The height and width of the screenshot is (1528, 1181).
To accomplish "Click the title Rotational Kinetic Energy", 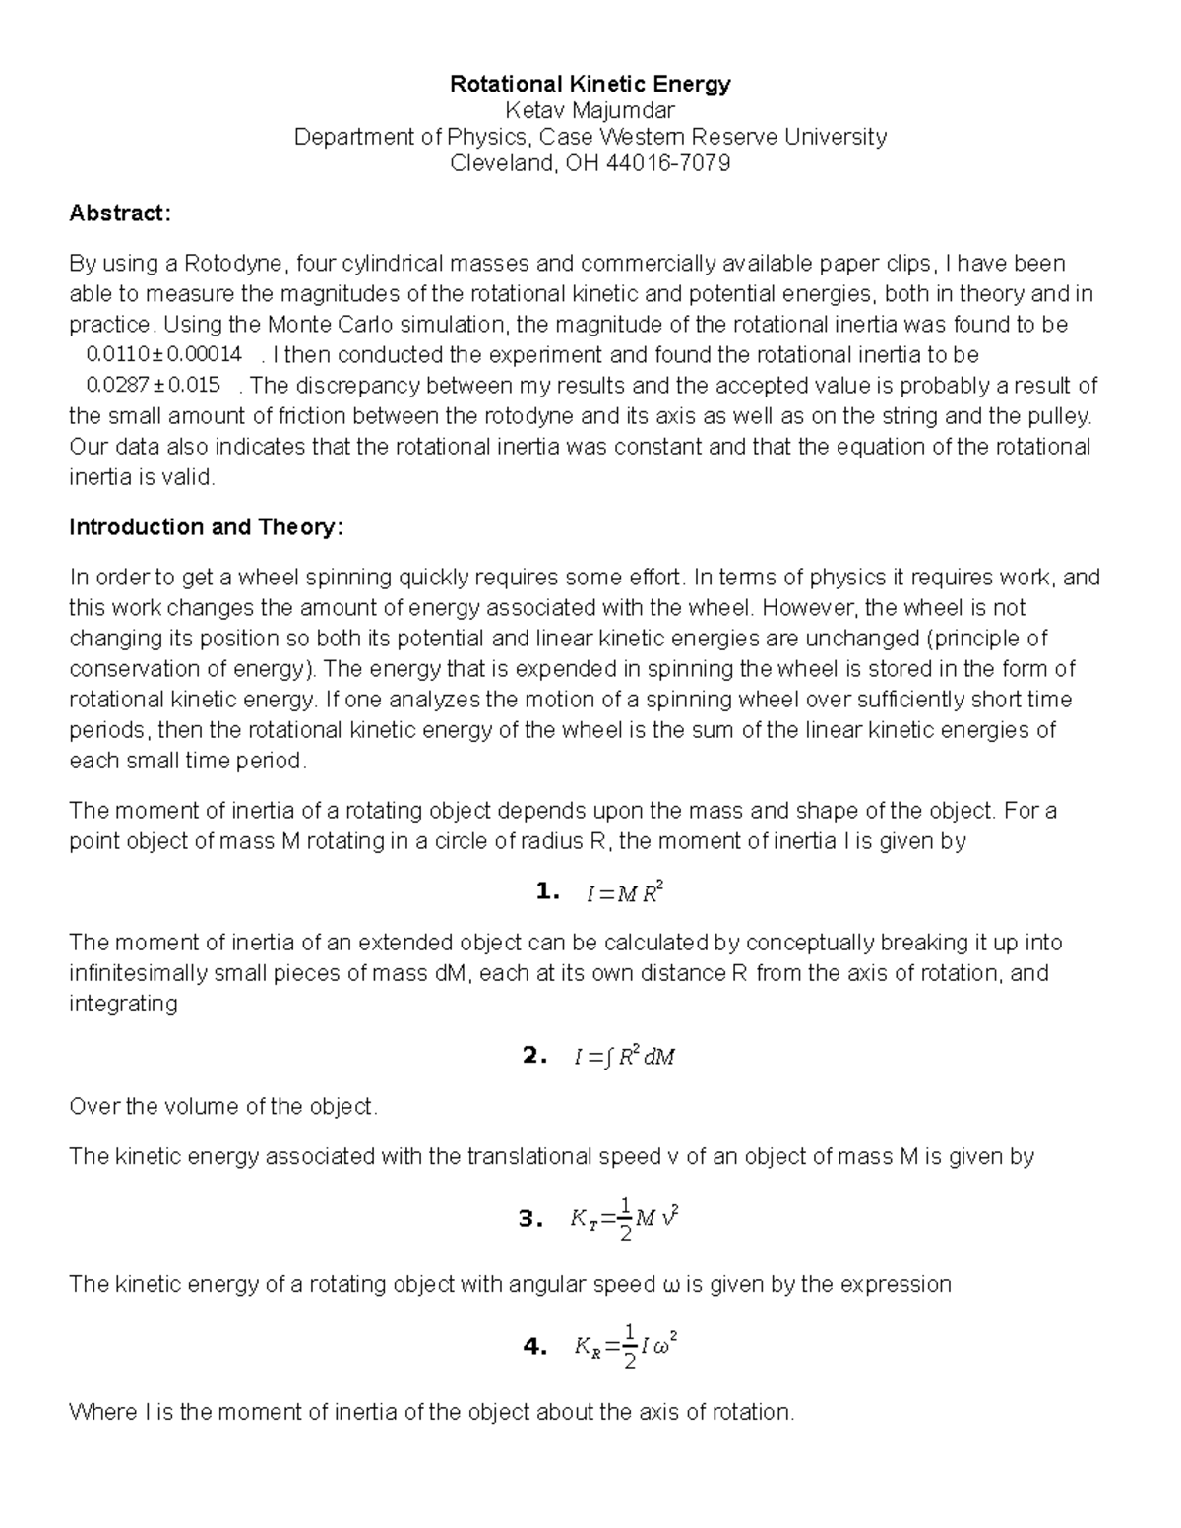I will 590,85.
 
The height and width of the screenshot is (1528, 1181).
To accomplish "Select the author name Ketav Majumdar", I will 590,111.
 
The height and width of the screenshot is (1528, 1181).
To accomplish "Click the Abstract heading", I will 120,214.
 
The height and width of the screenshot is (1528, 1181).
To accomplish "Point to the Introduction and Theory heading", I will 206,527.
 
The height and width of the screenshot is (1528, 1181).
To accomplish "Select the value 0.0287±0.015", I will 154,386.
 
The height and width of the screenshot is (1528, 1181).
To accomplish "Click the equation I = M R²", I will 624,893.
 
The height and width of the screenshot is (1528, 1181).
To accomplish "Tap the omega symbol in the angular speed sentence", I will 671,1285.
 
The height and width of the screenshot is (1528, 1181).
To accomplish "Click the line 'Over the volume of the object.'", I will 223,1107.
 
